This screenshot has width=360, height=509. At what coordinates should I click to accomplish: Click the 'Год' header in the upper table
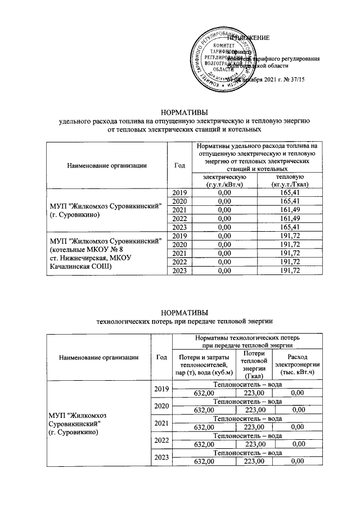(179, 165)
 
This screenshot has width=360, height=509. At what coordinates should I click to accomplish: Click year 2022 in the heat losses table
(161, 440)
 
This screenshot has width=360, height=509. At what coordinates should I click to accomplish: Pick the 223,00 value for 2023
(255, 462)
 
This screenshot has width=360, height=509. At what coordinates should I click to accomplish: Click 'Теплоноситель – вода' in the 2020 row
(247, 402)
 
